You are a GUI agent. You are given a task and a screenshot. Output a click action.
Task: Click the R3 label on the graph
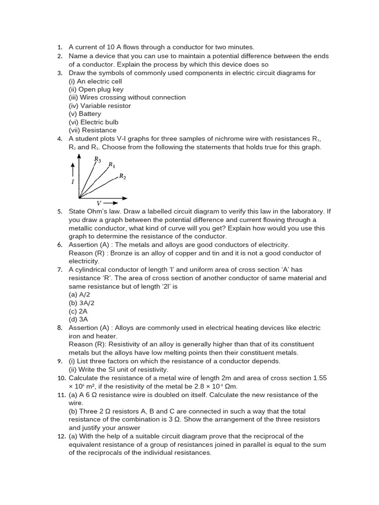(x=98, y=159)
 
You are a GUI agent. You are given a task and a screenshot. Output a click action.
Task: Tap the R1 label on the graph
(x=112, y=165)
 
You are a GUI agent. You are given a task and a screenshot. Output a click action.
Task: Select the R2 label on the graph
(x=122, y=176)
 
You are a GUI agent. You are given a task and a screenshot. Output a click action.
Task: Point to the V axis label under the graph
(x=98, y=203)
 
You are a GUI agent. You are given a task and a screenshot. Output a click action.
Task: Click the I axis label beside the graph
(x=73, y=182)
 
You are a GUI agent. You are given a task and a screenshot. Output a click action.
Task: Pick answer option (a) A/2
(x=79, y=294)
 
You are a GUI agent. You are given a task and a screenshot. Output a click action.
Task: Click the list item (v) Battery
(x=85, y=114)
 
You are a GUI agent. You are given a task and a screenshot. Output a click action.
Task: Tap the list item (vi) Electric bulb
(x=93, y=122)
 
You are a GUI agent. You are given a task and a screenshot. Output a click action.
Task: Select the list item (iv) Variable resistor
(x=100, y=106)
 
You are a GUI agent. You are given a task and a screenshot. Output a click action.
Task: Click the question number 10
(x=60, y=378)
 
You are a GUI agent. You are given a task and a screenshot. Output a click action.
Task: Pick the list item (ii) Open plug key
(x=96, y=89)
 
